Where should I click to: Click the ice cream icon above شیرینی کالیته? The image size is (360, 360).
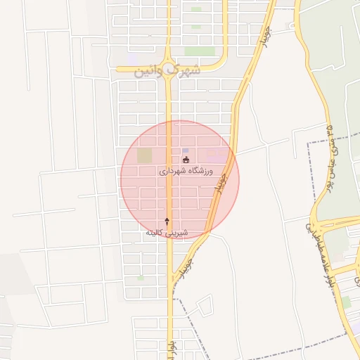coord(167,221)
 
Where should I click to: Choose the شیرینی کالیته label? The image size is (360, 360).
coord(167,232)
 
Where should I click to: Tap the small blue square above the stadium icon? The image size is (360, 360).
coord(186,150)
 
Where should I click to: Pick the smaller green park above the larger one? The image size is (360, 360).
coord(195,9)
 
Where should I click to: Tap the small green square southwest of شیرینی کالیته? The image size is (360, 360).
coord(141,278)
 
